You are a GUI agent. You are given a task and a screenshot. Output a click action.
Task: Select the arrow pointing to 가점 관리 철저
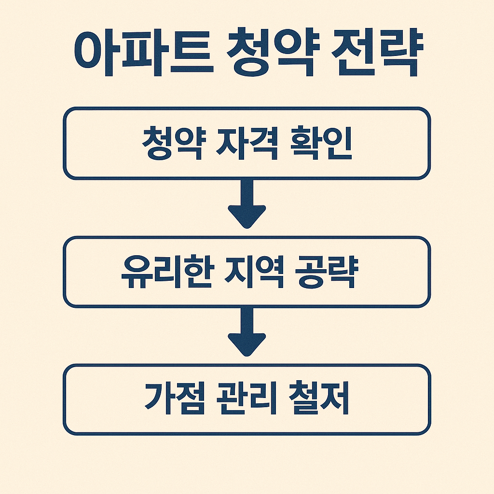click(x=247, y=332)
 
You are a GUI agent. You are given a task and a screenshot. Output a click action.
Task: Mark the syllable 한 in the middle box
click(x=194, y=273)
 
